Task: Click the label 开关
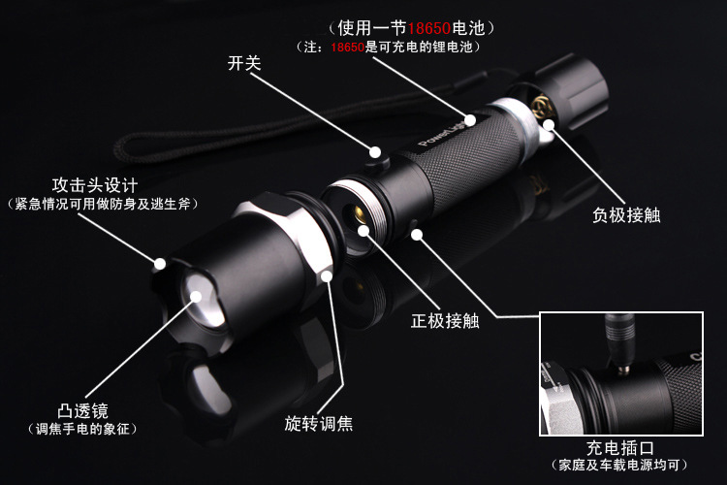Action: coord(244,63)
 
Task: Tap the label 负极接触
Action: coord(626,215)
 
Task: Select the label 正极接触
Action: coord(445,321)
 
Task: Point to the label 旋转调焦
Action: coord(319,423)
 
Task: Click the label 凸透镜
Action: coord(82,410)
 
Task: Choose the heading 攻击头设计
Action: coord(95,185)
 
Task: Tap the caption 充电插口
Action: coord(620,448)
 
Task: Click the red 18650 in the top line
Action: coord(429,28)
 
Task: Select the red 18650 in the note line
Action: coord(347,47)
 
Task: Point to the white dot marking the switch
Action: coord(375,152)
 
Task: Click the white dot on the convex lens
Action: coord(196,296)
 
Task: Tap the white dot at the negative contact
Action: coord(549,124)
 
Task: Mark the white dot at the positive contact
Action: coord(363,230)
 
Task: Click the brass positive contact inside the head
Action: coord(358,214)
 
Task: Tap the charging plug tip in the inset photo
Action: coord(623,369)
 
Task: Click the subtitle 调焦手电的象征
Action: coord(82,429)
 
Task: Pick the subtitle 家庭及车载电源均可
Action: coord(619,465)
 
